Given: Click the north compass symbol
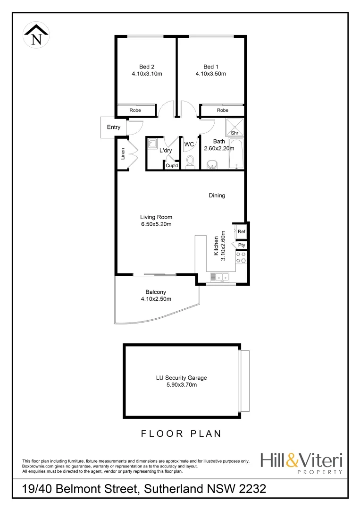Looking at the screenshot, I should tap(35, 35).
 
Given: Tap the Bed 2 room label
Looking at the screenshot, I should tap(147, 67).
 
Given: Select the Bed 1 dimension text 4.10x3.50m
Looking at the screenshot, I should tap(211, 74).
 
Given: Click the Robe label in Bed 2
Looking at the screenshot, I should tap(136, 110).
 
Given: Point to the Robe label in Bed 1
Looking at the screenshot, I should tap(223, 110).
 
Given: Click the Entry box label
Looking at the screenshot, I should tap(114, 127).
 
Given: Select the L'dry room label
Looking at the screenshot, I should tap(166, 151).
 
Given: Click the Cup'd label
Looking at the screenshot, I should tap(172, 165).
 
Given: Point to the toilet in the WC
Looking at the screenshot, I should tap(191, 162).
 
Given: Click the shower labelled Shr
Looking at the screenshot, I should tap(234, 127).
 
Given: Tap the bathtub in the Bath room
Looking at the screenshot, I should tap(235, 154).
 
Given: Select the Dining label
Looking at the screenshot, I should tap(217, 195).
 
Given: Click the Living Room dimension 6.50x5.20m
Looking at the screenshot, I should tap(156, 224).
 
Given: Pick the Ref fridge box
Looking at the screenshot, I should tap(241, 231).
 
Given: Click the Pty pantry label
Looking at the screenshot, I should tap(241, 246).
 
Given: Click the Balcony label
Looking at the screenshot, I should tap(156, 292).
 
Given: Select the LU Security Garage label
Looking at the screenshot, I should tap(182, 378).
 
